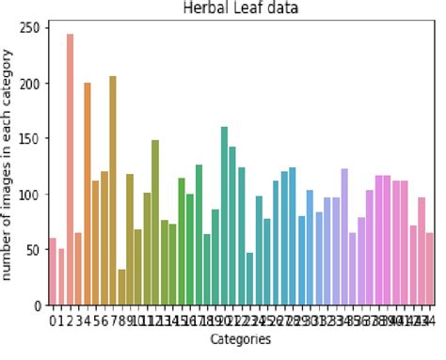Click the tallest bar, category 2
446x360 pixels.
(x=71, y=169)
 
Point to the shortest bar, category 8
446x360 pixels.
(x=121, y=288)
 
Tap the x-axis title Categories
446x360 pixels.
(x=241, y=339)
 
